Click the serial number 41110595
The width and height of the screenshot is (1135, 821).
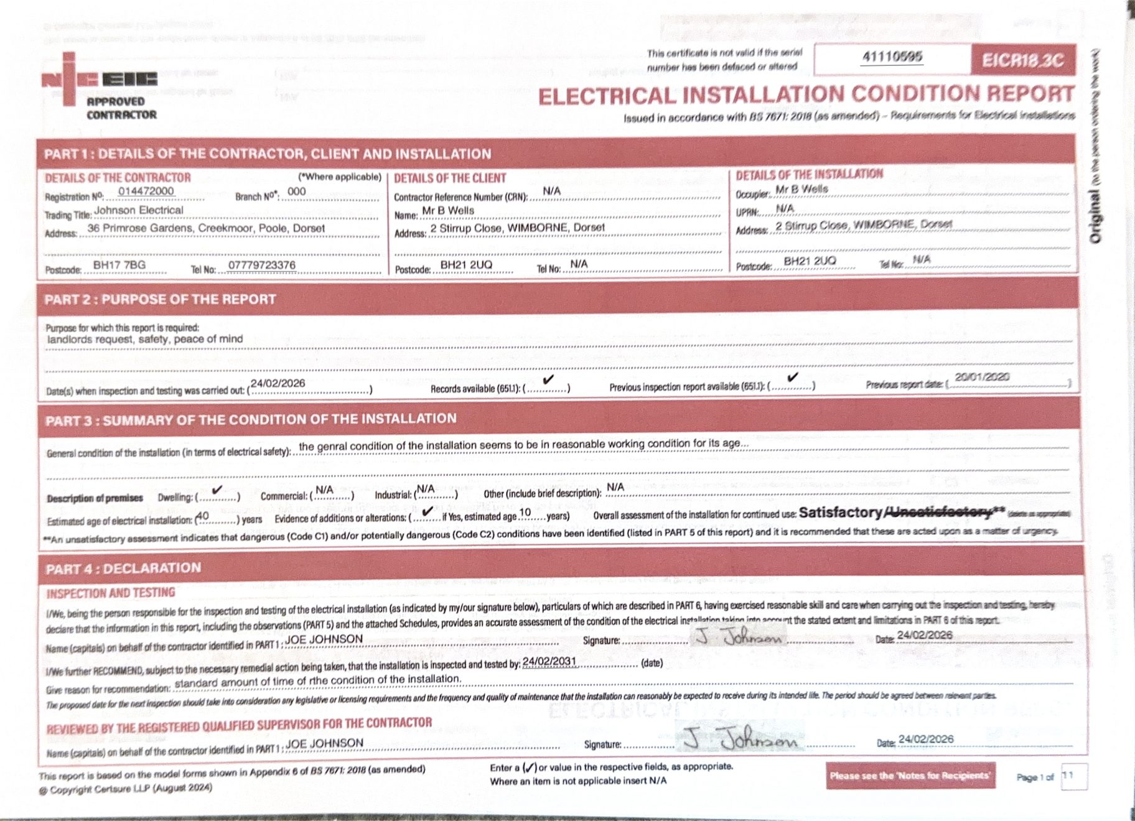(x=892, y=57)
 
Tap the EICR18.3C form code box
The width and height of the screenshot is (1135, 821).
(x=1022, y=60)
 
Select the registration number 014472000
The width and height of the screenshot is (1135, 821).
(x=146, y=191)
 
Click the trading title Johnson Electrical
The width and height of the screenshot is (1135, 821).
(x=139, y=210)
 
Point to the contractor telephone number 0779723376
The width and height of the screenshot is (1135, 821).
(x=261, y=266)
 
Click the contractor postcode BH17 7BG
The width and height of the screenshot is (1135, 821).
(x=119, y=265)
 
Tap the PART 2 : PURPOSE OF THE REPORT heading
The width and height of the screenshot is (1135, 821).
(x=160, y=299)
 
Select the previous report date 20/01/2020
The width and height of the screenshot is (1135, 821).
(x=982, y=377)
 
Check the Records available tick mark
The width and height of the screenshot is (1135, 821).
(x=548, y=379)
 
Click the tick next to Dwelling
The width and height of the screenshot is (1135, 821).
(x=217, y=490)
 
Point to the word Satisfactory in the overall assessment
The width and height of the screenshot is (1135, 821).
(x=840, y=513)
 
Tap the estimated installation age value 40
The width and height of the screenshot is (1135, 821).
(x=203, y=516)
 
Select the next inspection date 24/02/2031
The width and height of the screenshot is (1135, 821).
(x=549, y=661)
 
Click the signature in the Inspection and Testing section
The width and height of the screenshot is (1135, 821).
(x=739, y=638)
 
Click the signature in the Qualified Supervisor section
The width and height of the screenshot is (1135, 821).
(x=740, y=740)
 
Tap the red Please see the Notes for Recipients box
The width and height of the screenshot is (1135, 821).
(x=910, y=776)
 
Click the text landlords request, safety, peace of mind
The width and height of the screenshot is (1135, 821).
(x=145, y=340)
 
